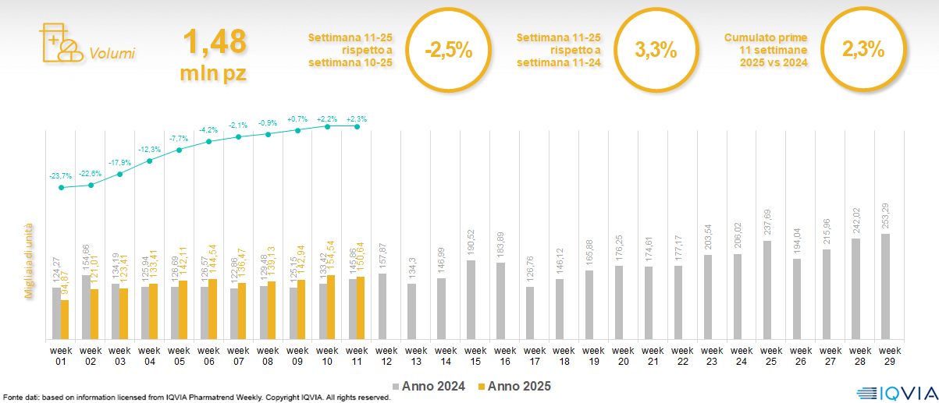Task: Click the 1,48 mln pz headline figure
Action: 214,52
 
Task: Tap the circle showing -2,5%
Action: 448,51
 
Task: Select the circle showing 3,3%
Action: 656,51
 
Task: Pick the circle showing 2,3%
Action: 863,51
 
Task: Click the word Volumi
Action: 112,54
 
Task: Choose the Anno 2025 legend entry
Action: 514,386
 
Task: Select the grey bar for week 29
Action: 885,287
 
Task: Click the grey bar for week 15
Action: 471,300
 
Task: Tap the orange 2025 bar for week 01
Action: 65,320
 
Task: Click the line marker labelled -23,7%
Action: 61,187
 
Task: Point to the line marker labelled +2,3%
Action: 357,126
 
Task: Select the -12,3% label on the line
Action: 150,149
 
